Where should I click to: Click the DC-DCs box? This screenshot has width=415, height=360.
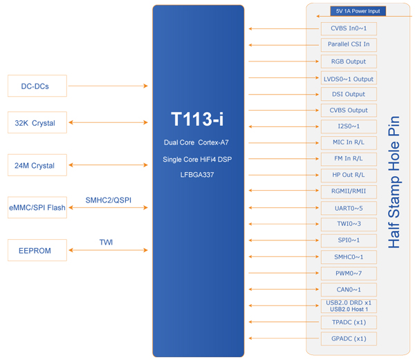click(x=37, y=86)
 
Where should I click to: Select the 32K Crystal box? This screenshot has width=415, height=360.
click(x=37, y=122)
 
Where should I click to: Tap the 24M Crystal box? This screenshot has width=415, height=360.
click(x=37, y=165)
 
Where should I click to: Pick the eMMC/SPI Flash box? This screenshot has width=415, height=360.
click(x=37, y=207)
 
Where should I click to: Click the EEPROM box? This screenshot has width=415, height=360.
click(x=37, y=250)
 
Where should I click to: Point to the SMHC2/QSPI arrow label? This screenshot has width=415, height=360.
click(x=109, y=200)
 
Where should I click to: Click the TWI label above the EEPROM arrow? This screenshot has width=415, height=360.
click(x=106, y=242)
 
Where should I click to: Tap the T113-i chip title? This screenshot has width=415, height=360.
click(x=197, y=119)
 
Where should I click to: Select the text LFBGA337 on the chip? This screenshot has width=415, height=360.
click(x=197, y=175)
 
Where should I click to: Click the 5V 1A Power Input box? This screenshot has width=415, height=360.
click(x=358, y=11)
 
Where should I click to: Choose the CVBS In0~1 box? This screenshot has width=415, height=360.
click(x=349, y=28)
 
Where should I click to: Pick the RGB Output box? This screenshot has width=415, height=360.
click(x=349, y=61)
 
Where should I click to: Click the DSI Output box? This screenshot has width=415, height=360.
click(x=349, y=95)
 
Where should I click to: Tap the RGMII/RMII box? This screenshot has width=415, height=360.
click(x=349, y=191)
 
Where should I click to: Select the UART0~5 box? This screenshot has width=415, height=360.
click(x=349, y=208)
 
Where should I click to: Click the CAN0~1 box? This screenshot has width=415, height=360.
click(x=349, y=290)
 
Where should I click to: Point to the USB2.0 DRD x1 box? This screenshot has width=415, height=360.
click(x=349, y=306)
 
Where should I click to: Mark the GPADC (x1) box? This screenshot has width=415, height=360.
click(x=349, y=339)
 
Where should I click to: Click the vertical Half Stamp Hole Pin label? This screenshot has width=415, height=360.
click(x=394, y=182)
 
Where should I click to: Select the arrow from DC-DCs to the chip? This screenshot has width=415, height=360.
click(x=108, y=86)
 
